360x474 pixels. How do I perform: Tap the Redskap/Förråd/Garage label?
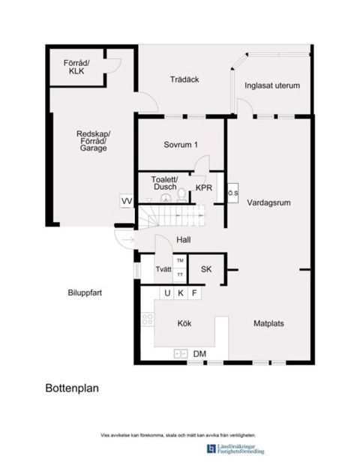[91, 141]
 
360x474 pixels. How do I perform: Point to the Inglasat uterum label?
[272, 85]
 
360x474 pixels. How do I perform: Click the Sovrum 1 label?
[181, 145]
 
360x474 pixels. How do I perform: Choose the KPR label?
[204, 187]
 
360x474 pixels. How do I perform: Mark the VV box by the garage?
[127, 201]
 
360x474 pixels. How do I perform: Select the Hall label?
[183, 240]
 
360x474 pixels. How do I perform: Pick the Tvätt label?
[163, 269]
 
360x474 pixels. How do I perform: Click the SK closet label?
[204, 268]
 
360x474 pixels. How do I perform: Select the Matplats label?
[268, 324]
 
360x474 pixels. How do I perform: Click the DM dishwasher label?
[199, 353]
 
